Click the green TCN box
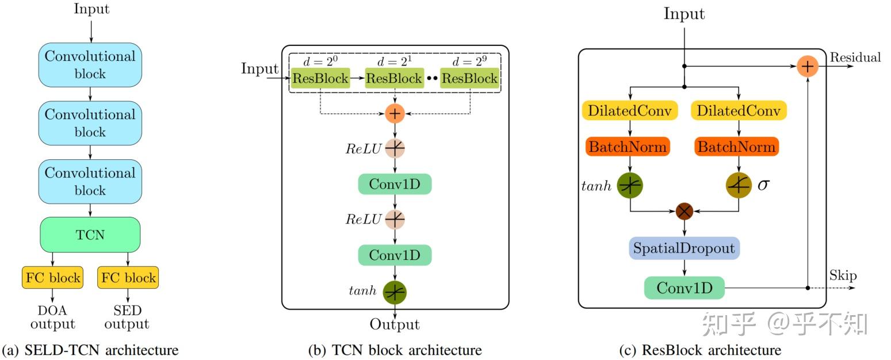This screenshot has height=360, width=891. (x=90, y=235)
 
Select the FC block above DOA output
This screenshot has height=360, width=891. (x=52, y=278)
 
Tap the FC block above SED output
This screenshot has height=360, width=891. (x=128, y=278)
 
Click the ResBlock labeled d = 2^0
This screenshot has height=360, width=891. (x=320, y=78)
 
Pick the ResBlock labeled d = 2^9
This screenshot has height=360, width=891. (x=469, y=78)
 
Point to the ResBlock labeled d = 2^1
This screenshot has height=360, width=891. (x=394, y=78)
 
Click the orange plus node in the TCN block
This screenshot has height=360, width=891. (x=395, y=114)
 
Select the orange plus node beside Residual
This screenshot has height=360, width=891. (x=808, y=67)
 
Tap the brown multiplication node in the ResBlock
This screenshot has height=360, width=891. (x=684, y=211)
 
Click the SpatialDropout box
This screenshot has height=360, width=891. (x=684, y=248)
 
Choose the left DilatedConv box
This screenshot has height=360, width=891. (x=630, y=111)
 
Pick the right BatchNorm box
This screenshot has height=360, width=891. (x=737, y=147)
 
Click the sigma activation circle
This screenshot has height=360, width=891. (x=739, y=185)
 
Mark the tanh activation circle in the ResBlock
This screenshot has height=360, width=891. (x=630, y=185)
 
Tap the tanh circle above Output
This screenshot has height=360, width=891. (x=395, y=292)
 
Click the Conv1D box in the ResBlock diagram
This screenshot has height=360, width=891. (x=684, y=288)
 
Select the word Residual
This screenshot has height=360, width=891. (x=855, y=58)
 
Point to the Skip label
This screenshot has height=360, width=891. (x=843, y=275)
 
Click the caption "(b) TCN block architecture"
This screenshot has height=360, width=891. (x=395, y=350)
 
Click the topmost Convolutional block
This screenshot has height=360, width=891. (x=90, y=65)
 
